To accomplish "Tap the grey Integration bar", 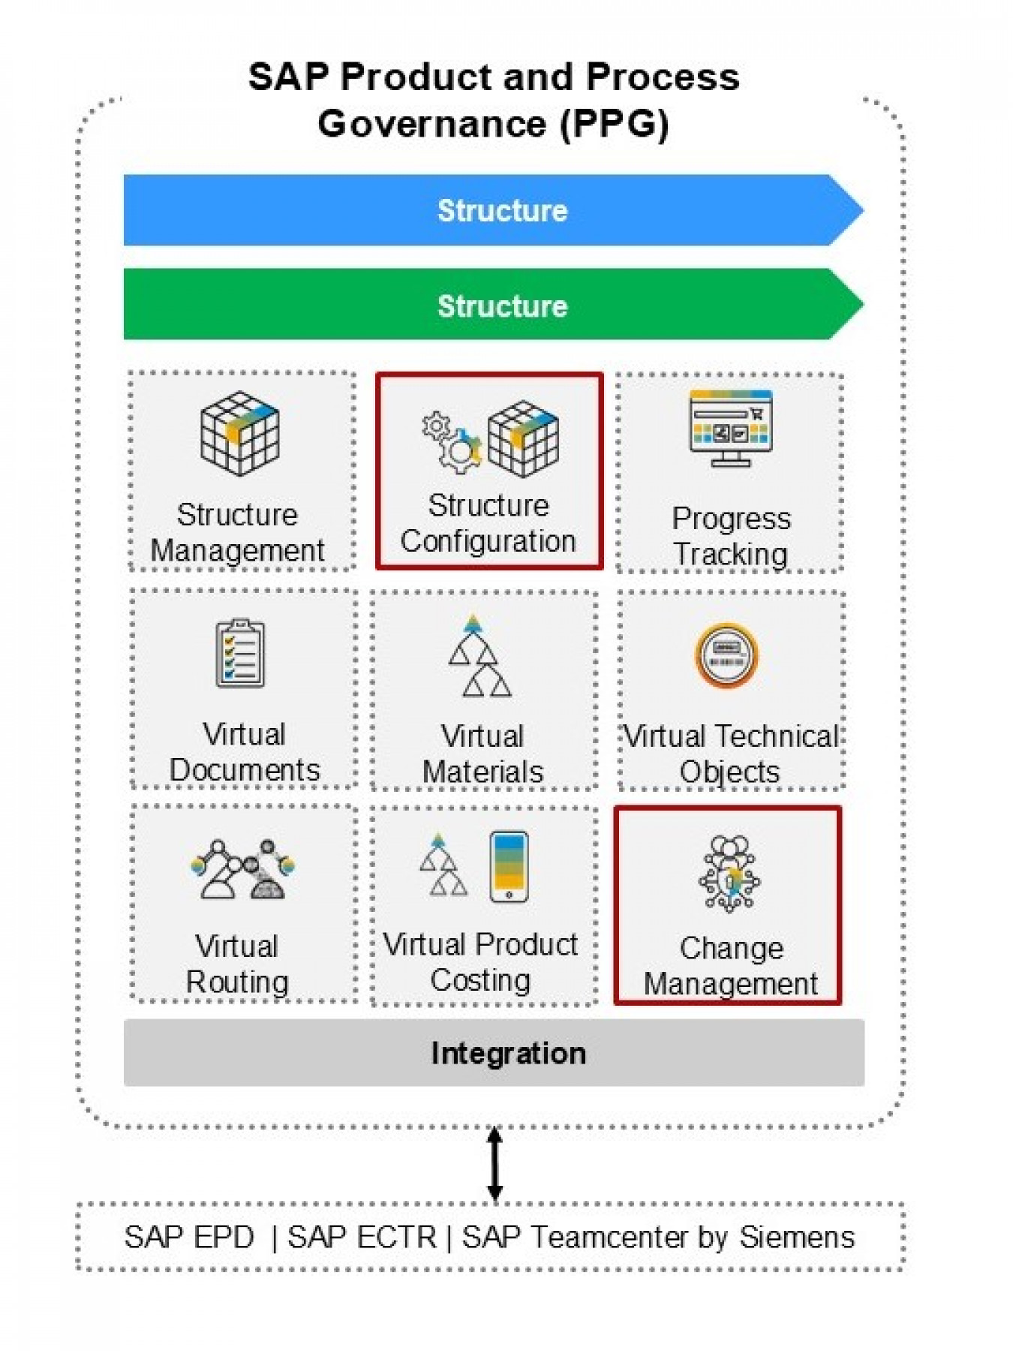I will pyautogui.click(x=494, y=1052).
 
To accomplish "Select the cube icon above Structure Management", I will pyautogui.click(x=239, y=433).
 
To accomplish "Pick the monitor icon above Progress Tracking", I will pyautogui.click(x=730, y=427).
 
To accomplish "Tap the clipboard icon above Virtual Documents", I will pyautogui.click(x=240, y=653).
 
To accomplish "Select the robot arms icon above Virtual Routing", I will pyautogui.click(x=242, y=869).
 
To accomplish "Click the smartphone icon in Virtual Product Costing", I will pyautogui.click(x=509, y=866).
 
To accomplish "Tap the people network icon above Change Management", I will pyautogui.click(x=729, y=874).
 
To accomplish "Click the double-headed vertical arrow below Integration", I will pyautogui.click(x=494, y=1164).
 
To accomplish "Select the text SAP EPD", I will pyautogui.click(x=189, y=1237).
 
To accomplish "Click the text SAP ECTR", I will pyautogui.click(x=361, y=1237).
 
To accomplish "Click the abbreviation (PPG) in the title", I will pyautogui.click(x=615, y=123).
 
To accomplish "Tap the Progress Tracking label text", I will pyautogui.click(x=730, y=536).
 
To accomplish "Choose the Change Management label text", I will pyautogui.click(x=730, y=966).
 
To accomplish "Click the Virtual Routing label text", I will pyautogui.click(x=237, y=964).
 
